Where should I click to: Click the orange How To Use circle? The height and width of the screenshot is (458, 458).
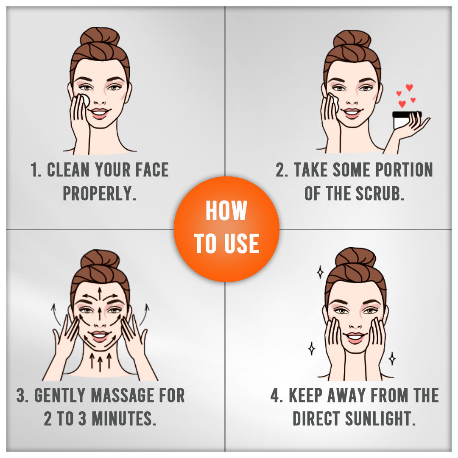226,229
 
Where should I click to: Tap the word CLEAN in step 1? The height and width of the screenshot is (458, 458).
68,170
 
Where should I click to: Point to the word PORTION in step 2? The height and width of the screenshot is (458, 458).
404,170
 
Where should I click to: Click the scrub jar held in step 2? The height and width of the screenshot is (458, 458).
405,120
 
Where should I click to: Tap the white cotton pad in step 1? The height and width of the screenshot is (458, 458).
84,101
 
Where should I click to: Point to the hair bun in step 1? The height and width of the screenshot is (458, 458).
100,37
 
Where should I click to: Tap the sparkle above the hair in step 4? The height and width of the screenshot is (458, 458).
321,272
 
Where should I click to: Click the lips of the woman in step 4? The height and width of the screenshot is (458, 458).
355,337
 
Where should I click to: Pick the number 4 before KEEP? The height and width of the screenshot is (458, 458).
275,395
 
